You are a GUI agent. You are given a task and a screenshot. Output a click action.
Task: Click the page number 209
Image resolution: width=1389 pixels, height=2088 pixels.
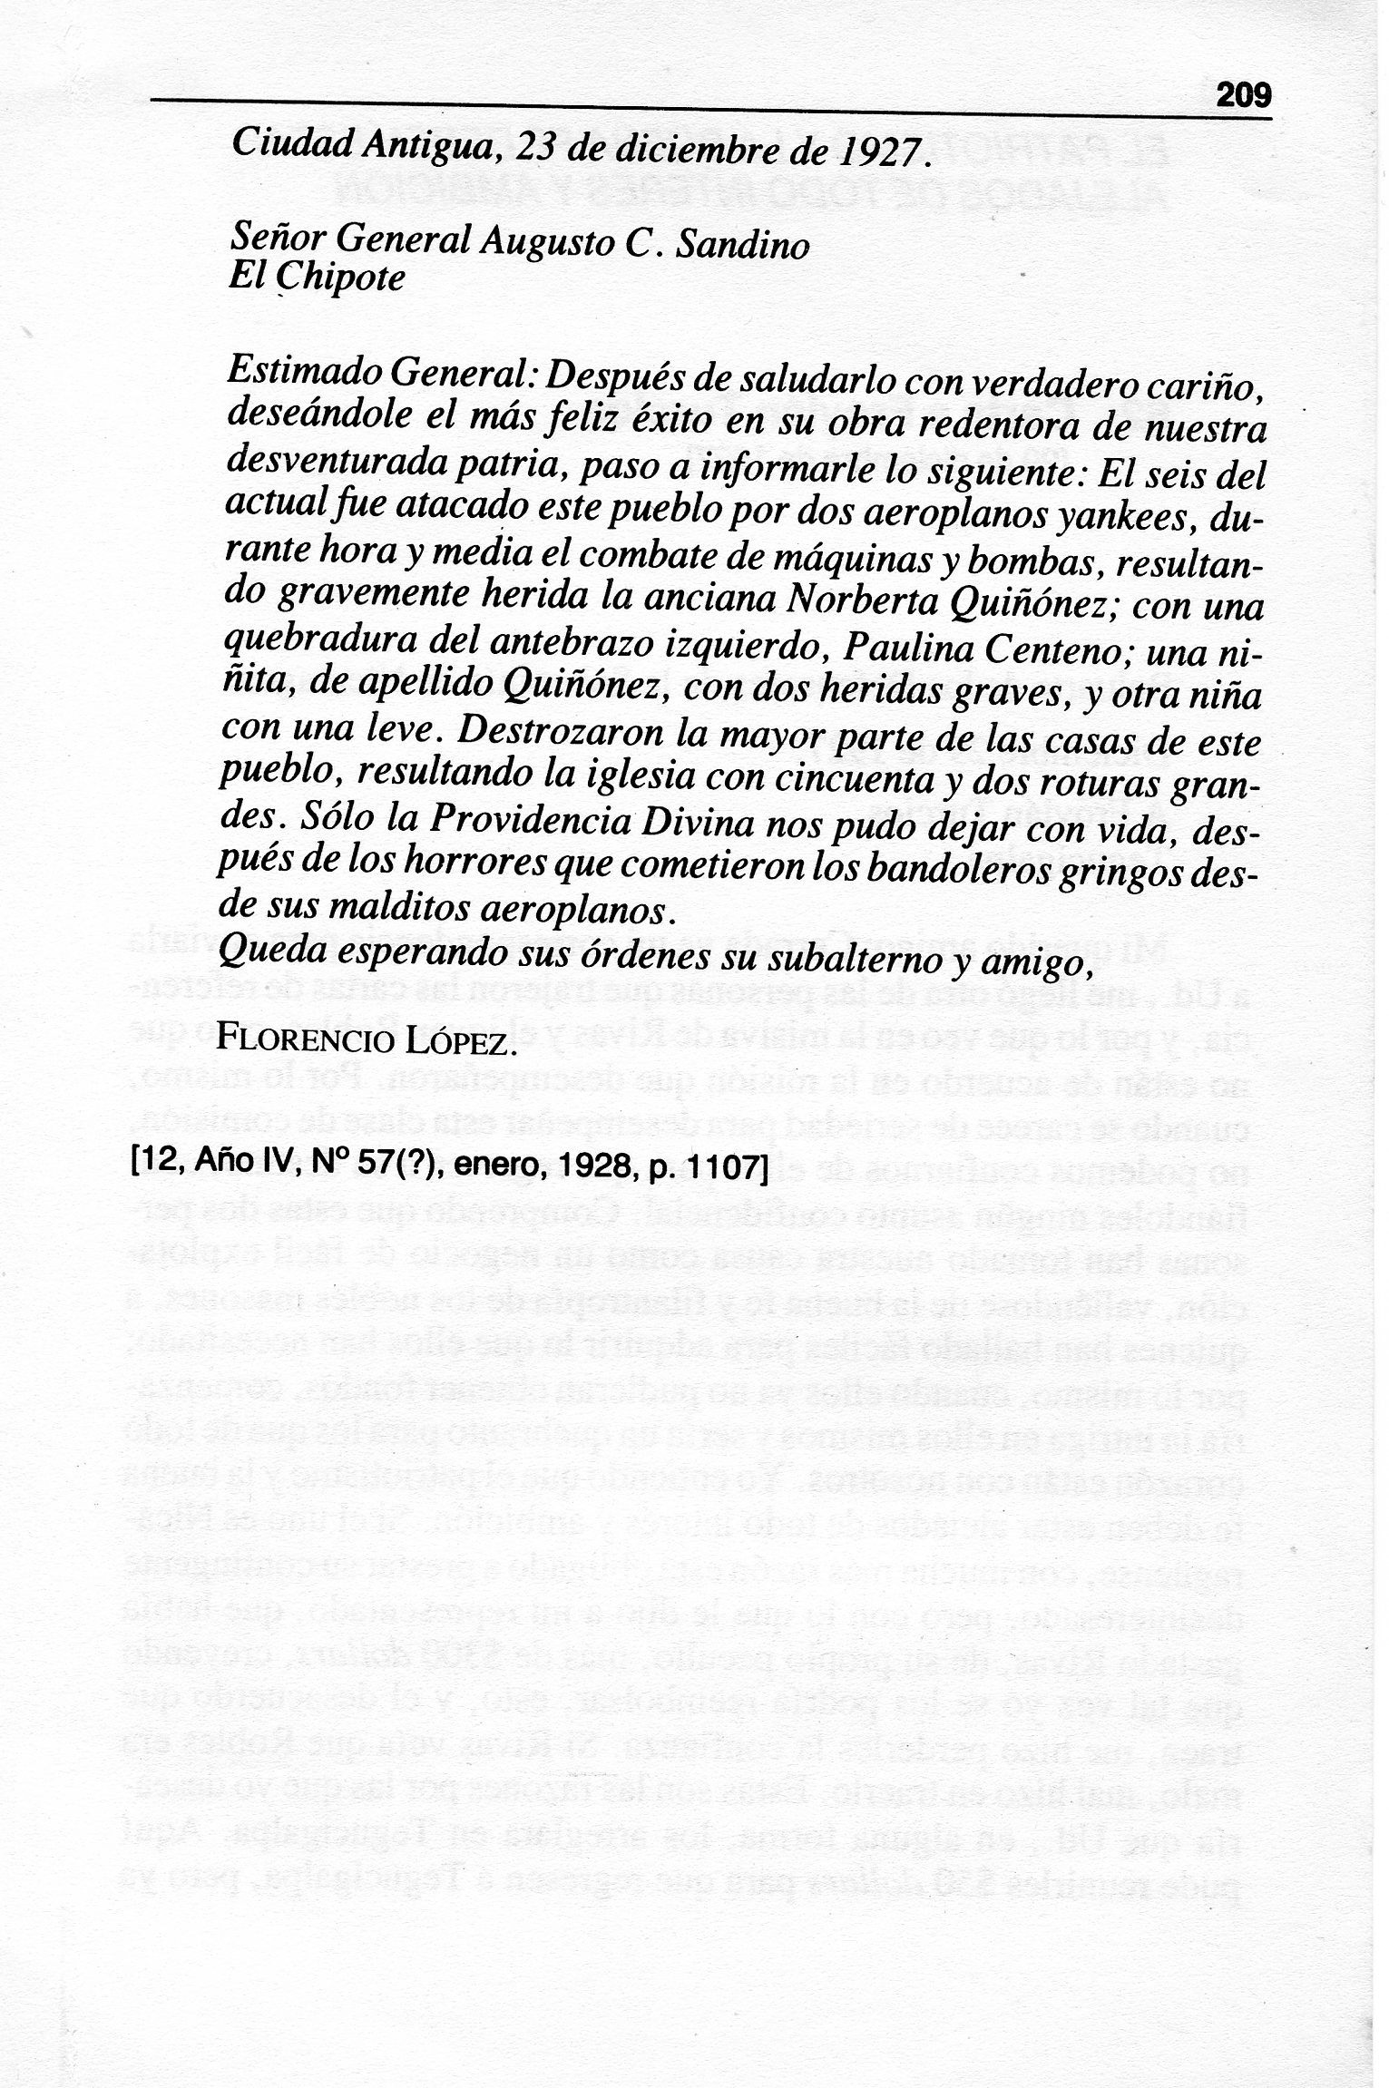point(1244,94)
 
